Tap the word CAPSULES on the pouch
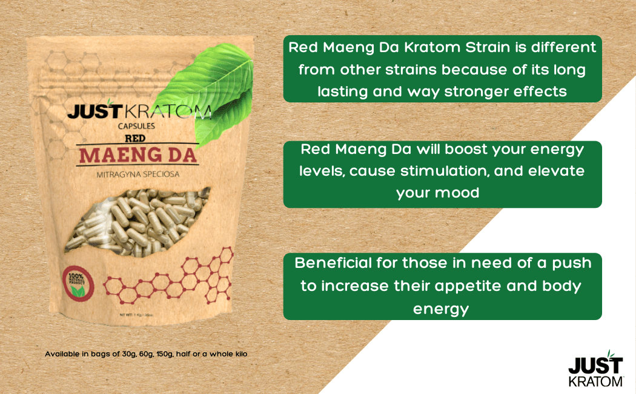click(137, 127)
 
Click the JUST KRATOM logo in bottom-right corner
click(595, 371)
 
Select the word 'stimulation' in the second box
click(443, 171)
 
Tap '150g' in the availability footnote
click(162, 353)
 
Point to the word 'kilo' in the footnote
click(240, 353)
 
